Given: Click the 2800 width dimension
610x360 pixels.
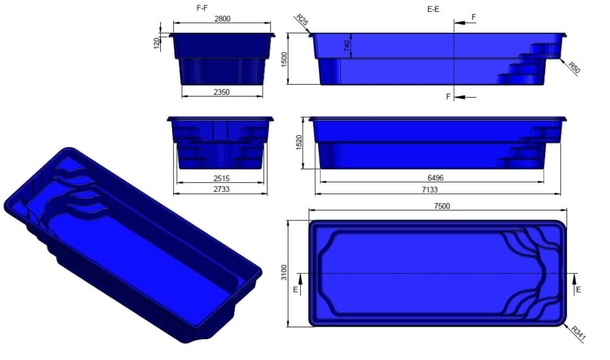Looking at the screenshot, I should click(222, 19).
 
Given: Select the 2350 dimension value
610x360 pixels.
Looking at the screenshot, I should click(222, 92).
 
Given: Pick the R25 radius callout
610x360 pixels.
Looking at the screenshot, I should click(302, 23).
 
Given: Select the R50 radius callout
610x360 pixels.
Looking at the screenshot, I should click(574, 67).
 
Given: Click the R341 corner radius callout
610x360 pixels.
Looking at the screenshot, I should click(578, 334).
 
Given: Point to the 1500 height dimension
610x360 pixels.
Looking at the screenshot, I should click(285, 58).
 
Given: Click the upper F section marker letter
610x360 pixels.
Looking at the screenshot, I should click(474, 17).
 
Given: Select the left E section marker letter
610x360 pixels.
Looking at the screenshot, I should click(296, 289).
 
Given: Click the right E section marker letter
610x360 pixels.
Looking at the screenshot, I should click(578, 289).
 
